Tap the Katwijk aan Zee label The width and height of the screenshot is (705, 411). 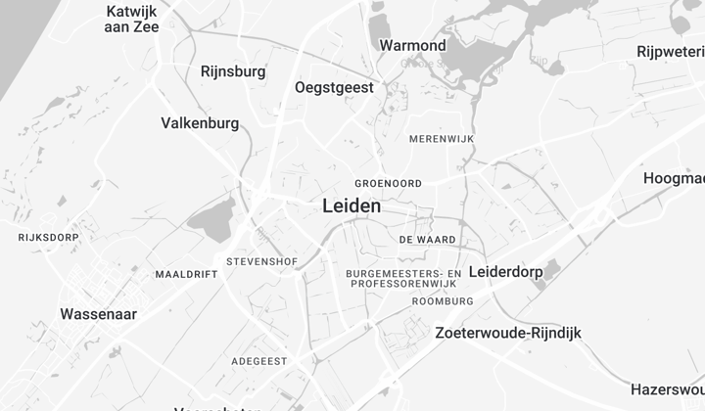point(132,19)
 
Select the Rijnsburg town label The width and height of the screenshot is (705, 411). point(233,71)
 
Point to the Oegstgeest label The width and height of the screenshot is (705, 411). point(334,88)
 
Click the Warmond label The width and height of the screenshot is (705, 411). point(412,46)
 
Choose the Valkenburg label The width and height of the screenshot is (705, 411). point(200,123)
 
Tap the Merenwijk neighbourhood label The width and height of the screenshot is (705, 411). point(441,140)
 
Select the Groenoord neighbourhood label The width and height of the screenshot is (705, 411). point(388,183)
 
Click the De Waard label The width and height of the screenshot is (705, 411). point(427,239)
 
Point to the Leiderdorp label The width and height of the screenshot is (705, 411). point(505,271)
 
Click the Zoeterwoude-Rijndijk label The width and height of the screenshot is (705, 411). point(508,333)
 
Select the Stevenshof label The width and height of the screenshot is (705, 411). point(261,262)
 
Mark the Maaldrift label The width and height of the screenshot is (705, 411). point(186,275)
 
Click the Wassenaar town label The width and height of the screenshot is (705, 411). point(98,314)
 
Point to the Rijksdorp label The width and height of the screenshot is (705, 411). point(47,238)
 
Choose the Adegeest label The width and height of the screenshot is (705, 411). point(259,361)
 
